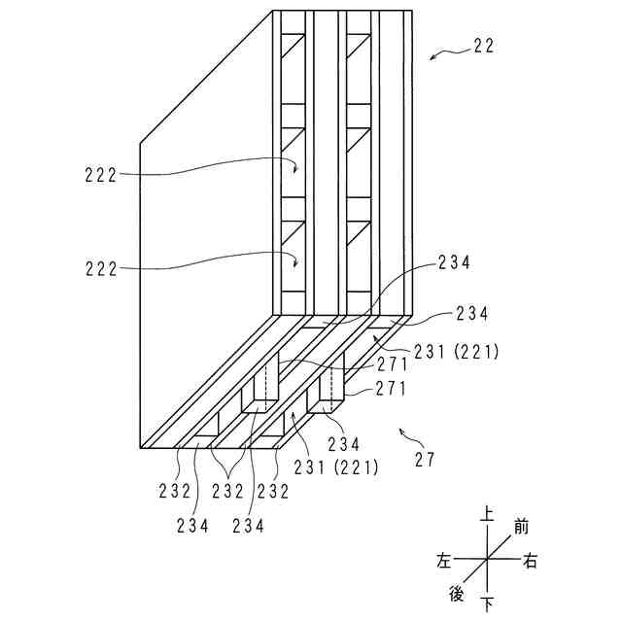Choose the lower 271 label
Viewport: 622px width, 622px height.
point(367,389)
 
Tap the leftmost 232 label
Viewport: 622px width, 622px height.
point(175,491)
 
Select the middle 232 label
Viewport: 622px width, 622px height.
point(226,491)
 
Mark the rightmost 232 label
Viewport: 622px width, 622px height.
point(273,491)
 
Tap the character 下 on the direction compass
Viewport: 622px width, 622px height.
point(487,603)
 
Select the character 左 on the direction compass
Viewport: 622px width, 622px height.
point(445,561)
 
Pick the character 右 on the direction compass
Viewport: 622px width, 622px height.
point(530,561)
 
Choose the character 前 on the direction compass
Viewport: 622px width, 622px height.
point(521,528)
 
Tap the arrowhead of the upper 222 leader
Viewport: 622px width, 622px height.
point(296,171)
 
